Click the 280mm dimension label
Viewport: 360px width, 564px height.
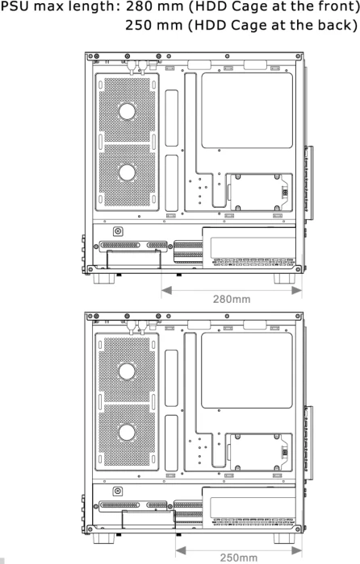pos(232,299)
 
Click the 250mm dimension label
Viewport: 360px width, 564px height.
pos(239,558)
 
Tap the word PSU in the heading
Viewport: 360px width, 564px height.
pos(15,6)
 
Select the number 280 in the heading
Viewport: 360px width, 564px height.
pos(138,6)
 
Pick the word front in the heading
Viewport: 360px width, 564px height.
pos(333,6)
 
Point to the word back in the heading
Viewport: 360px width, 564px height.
pos(333,25)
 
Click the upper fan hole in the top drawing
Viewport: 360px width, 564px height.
pos(127,111)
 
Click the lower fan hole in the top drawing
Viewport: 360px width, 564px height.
pos(127,172)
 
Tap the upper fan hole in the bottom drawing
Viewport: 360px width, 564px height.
pos(127,371)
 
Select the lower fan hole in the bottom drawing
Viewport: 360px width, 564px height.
pos(127,433)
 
